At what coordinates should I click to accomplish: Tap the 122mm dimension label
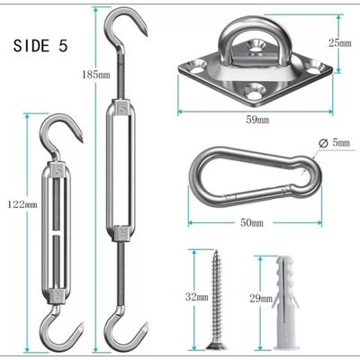(x=22, y=204)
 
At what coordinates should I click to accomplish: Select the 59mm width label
(x=257, y=120)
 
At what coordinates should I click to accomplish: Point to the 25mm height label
(x=340, y=43)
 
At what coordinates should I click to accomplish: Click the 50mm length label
(x=252, y=223)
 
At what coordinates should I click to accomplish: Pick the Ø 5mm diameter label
(x=334, y=143)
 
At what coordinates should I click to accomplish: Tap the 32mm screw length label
(x=197, y=297)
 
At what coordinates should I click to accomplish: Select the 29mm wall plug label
(x=261, y=299)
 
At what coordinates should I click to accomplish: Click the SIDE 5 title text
(x=40, y=46)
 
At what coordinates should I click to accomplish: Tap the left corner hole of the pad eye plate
(x=196, y=67)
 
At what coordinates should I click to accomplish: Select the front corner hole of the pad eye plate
(x=254, y=92)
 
